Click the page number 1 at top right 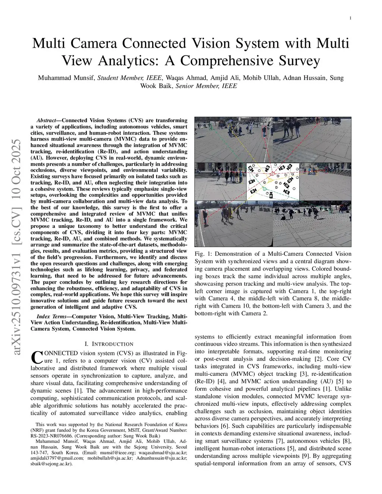coord(351,18)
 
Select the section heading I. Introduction coord(109,344)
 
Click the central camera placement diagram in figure coord(273,181)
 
